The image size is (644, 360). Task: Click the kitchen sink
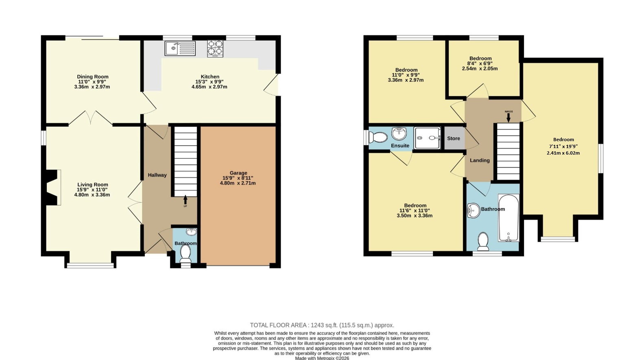(x=180, y=48)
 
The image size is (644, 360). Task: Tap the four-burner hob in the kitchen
(x=215, y=48)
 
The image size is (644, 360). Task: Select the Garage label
(x=238, y=173)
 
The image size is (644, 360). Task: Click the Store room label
(x=453, y=138)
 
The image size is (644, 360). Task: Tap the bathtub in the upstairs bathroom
(x=509, y=218)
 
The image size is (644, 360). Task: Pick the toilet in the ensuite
(x=378, y=137)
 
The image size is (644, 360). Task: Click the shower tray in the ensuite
(x=427, y=138)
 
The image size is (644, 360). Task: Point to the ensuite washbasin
(x=399, y=133)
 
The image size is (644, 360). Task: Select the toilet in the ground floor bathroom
(x=186, y=253)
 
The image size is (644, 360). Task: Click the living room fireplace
(x=52, y=188)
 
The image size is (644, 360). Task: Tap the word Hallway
(x=157, y=175)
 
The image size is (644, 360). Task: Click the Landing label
(x=480, y=160)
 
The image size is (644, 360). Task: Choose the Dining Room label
(x=93, y=77)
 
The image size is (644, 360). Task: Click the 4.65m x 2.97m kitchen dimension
(x=209, y=87)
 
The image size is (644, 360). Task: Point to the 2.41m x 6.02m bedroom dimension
(x=563, y=153)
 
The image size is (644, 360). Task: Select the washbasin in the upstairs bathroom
(x=473, y=210)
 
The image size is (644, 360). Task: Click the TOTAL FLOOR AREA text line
(x=322, y=325)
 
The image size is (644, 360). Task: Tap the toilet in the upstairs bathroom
(x=483, y=242)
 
